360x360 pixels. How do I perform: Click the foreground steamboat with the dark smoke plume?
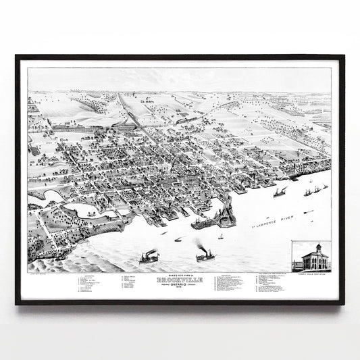pyautogui.click(x=205, y=257)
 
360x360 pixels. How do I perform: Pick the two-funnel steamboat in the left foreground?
pyautogui.click(x=149, y=257)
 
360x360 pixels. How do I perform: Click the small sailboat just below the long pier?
pyautogui.click(x=220, y=236)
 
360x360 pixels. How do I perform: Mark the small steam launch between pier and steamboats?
pyautogui.click(x=178, y=239)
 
